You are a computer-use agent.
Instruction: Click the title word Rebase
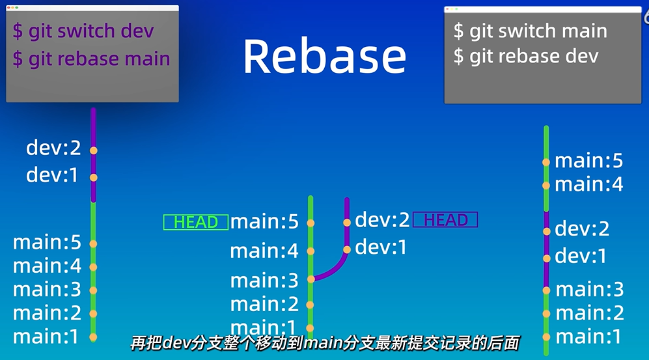tap(324, 56)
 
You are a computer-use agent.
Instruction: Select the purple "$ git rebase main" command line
tap(91, 59)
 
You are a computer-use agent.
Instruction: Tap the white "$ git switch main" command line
tap(530, 31)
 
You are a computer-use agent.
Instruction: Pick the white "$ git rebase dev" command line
tap(525, 56)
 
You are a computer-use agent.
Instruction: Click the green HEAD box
tap(195, 223)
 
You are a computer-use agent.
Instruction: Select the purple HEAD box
tap(445, 220)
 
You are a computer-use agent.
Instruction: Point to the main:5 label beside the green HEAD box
tap(264, 222)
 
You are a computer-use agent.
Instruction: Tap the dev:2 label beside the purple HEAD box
tap(382, 221)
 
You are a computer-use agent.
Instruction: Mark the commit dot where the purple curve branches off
tap(311, 279)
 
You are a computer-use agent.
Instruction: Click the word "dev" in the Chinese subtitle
tap(177, 342)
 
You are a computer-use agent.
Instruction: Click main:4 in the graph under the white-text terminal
tap(588, 185)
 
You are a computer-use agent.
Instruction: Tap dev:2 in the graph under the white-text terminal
tap(582, 229)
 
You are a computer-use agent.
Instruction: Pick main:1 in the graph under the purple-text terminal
tap(46, 337)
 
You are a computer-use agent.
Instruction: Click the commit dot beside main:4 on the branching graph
tap(311, 251)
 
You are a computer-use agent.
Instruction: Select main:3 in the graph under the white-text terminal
tap(589, 289)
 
